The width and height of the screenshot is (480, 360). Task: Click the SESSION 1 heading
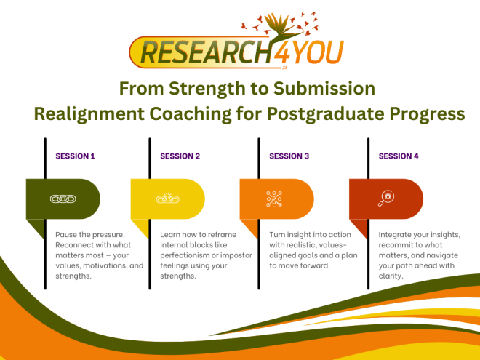[76, 156]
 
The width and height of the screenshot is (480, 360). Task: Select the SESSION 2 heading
[180, 156]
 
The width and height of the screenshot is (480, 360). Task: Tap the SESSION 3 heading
[289, 156]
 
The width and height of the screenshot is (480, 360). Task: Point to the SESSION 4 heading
[399, 156]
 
